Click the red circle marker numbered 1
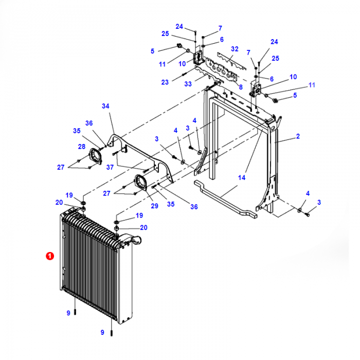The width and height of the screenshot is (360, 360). tap(49, 256)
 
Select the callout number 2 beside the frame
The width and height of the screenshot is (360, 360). tap(297, 136)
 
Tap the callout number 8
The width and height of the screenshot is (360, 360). tap(240, 87)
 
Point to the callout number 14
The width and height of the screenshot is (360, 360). tap(241, 178)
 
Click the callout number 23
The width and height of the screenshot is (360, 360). tap(164, 82)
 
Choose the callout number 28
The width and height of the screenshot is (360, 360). tap(81, 147)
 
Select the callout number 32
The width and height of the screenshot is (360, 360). tap(235, 49)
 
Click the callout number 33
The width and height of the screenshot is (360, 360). tap(188, 84)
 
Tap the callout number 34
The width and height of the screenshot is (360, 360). tap(105, 106)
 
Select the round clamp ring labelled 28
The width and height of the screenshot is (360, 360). tap(95, 156)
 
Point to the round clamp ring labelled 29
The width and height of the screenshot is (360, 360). tap(141, 184)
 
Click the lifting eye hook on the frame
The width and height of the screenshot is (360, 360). tap(278, 122)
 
